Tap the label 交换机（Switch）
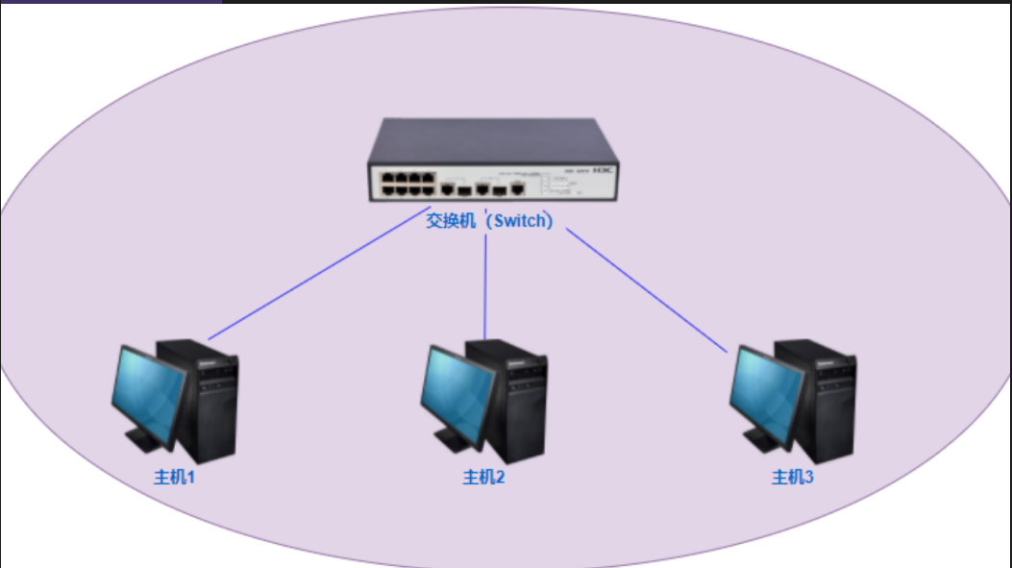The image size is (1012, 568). [491, 220]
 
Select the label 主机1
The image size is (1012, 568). [174, 477]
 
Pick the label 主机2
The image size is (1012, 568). [483, 477]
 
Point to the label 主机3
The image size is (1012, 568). [793, 477]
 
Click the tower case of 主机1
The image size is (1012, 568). [204, 404]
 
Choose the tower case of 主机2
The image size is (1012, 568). [513, 404]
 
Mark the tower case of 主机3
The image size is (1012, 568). [823, 404]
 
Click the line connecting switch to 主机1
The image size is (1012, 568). [317, 280]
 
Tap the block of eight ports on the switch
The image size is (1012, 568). [407, 182]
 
